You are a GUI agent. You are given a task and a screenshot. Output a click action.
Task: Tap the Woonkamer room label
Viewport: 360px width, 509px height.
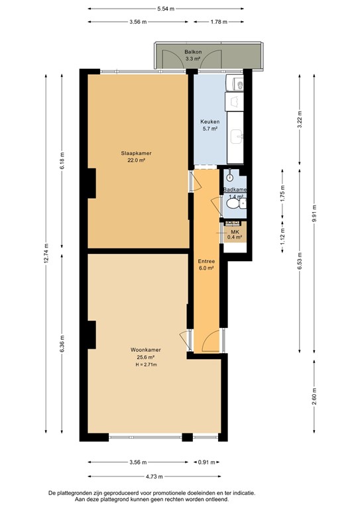pyautogui.click(x=146, y=350)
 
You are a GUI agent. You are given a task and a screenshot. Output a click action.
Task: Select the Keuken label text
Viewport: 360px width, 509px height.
pyautogui.click(x=210, y=122)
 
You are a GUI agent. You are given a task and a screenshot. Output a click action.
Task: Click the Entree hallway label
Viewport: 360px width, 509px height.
pyautogui.click(x=206, y=261)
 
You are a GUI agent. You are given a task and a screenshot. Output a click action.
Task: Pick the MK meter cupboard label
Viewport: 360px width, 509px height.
pyautogui.click(x=234, y=231)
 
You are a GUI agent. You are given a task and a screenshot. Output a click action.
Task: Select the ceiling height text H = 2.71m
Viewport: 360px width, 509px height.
pyautogui.click(x=146, y=364)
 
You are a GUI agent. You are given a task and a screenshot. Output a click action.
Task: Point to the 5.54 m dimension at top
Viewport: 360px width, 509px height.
pyautogui.click(x=166, y=9)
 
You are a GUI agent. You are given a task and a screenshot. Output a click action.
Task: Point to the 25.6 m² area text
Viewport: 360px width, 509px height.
pyautogui.click(x=146, y=357)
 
